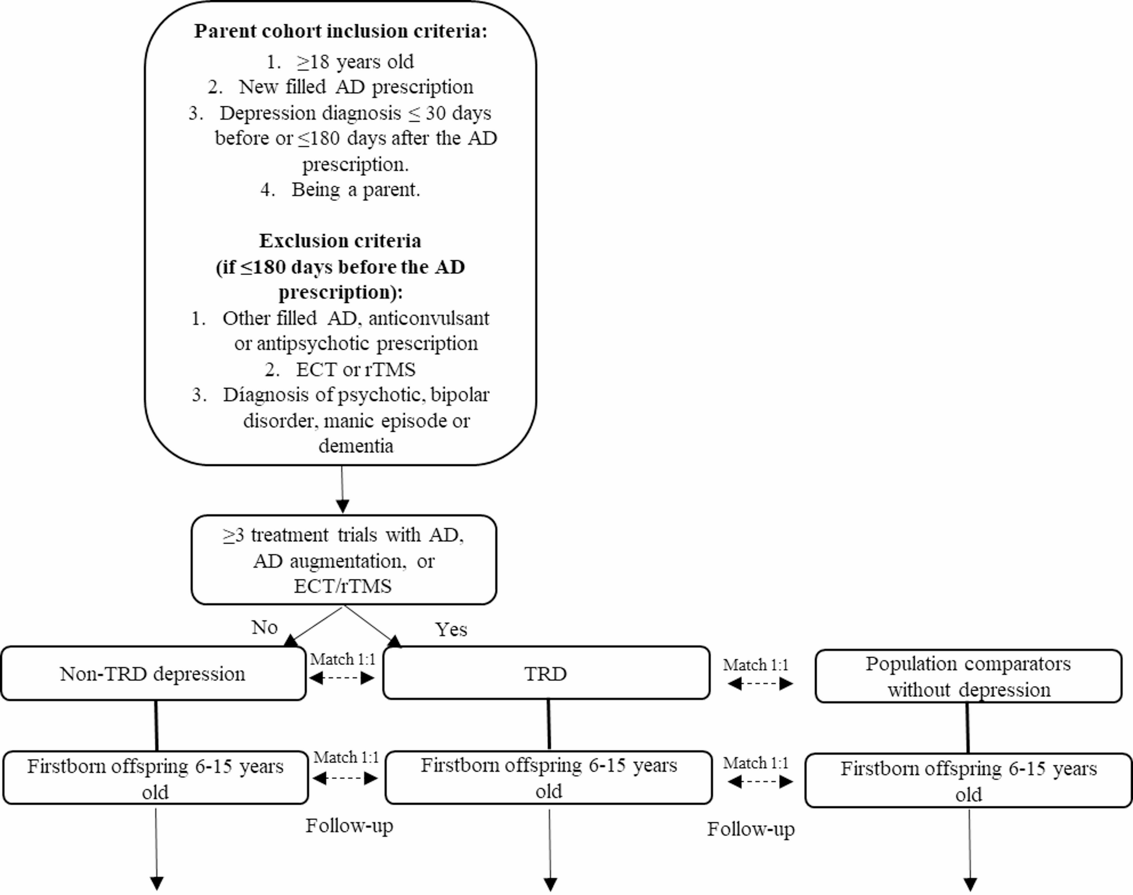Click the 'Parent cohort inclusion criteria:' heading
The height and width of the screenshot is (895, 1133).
(341, 31)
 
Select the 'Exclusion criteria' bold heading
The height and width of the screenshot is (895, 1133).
(340, 241)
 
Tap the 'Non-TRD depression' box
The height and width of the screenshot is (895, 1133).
(153, 674)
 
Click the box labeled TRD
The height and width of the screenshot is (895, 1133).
(546, 674)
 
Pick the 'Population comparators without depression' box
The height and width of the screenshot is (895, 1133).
(968, 676)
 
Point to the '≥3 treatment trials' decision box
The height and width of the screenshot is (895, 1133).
(343, 560)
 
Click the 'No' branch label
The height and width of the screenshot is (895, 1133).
(264, 627)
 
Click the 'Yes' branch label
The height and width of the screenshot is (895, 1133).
(451, 629)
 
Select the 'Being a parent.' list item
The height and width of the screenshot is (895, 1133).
(355, 189)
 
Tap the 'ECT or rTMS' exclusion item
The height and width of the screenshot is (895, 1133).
(355, 369)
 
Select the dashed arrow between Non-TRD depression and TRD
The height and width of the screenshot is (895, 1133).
(342, 678)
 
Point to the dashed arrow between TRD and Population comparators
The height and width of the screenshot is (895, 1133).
(760, 684)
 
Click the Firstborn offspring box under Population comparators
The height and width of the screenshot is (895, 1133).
(968, 780)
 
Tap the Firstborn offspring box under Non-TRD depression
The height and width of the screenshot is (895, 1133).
(155, 778)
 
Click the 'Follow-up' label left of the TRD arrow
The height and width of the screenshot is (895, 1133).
(349, 826)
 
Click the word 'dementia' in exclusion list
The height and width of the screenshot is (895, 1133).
(356, 446)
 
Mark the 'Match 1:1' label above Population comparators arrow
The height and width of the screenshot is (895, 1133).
(756, 665)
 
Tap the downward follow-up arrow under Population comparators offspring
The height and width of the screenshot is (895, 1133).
(969, 848)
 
